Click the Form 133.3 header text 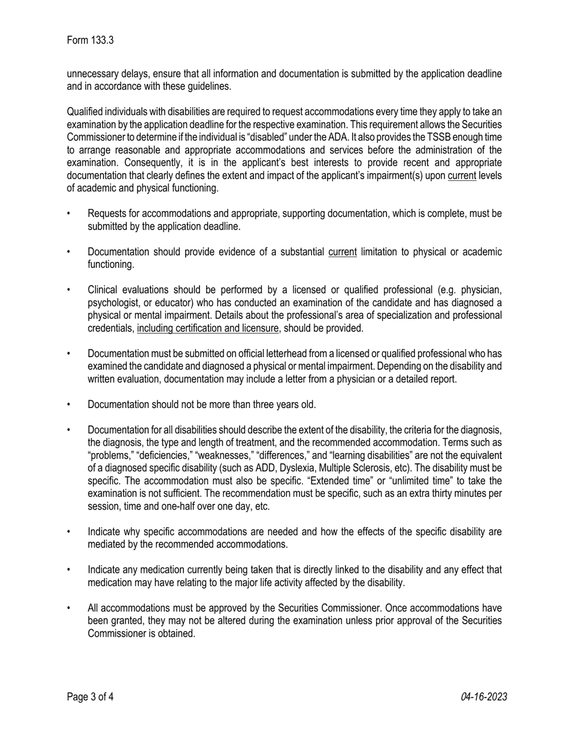(90, 41)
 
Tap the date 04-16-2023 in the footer (484, 697)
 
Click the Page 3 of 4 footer (90, 697)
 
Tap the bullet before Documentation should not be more (69, 404)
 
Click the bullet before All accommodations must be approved (69, 608)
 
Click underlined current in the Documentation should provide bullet (342, 252)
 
